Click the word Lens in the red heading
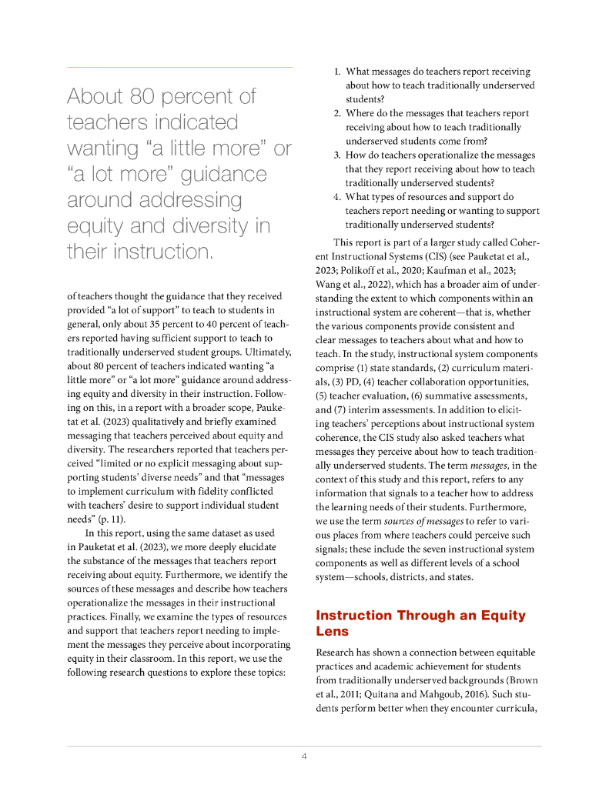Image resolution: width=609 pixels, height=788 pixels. click(333, 631)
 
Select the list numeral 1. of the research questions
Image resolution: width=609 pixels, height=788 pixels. click(337, 72)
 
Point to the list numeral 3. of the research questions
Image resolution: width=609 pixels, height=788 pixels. click(337, 155)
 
